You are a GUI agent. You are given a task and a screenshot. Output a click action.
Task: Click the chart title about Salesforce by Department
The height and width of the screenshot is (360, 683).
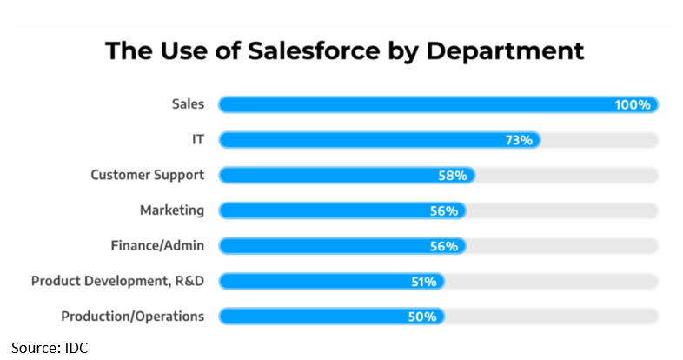click(x=344, y=50)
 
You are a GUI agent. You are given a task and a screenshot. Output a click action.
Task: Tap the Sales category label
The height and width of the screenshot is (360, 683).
click(x=188, y=104)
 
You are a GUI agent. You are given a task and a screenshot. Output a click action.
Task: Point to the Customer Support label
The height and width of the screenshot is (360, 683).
click(x=148, y=175)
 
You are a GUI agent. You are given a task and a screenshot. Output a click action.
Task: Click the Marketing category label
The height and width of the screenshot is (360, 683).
click(x=172, y=210)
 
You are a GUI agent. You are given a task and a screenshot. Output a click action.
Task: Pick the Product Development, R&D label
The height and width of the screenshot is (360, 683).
click(x=118, y=281)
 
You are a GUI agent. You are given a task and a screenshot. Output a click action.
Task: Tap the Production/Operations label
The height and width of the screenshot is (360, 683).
click(x=133, y=317)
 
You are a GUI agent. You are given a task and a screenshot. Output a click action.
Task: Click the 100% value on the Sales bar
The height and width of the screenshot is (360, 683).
click(x=632, y=105)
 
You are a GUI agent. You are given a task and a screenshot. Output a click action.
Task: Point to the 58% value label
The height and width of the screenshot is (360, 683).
click(x=453, y=176)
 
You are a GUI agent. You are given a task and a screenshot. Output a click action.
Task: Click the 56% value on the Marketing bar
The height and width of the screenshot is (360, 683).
click(x=444, y=210)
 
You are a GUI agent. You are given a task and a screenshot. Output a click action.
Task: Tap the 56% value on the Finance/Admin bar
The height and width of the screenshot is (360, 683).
click(x=444, y=246)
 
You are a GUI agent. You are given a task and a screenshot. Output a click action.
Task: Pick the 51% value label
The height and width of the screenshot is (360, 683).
click(x=423, y=281)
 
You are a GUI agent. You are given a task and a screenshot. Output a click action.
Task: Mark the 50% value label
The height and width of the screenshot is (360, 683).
click(x=422, y=317)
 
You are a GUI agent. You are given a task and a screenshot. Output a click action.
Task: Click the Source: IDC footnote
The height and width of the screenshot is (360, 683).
click(x=50, y=347)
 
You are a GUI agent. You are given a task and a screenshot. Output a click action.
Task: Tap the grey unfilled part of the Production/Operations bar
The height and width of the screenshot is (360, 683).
click(x=552, y=317)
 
